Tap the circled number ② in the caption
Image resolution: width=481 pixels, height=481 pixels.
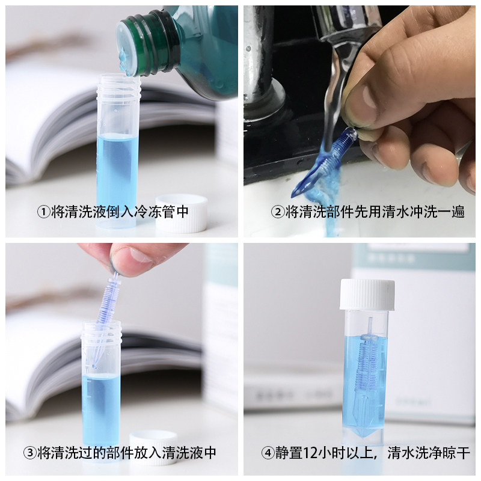(x=277, y=212)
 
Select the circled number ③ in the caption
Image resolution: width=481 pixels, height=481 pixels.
(x=29, y=452)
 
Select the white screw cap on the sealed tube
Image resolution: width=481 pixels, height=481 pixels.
(x=367, y=295)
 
